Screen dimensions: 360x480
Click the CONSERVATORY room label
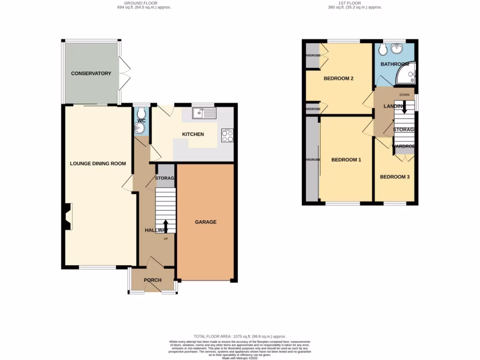pyautogui.click(x=91, y=74)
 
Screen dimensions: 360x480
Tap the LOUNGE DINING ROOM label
pyautogui.click(x=98, y=164)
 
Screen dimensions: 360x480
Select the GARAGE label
pyautogui.click(x=206, y=222)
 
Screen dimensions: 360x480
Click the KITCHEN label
pyautogui.click(x=193, y=135)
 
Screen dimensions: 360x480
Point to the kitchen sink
pyautogui.click(x=204, y=113)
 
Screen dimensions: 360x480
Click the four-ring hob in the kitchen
pyautogui.click(x=227, y=135)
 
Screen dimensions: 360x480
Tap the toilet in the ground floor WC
pyautogui.click(x=140, y=113)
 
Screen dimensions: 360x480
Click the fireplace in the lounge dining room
pyautogui.click(x=67, y=217)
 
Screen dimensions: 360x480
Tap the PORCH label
pyautogui.click(x=152, y=280)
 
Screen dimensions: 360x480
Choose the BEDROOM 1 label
pyautogui.click(x=346, y=160)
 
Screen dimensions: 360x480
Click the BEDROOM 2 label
pyautogui.click(x=338, y=78)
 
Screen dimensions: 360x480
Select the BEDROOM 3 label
pyautogui.click(x=395, y=177)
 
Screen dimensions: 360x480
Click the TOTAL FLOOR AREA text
pyautogui.click(x=240, y=337)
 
